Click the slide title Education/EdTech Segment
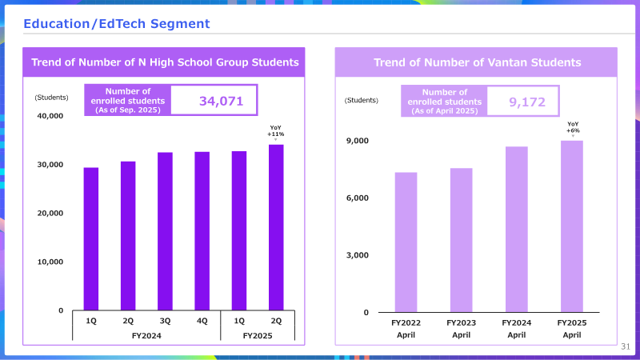117,24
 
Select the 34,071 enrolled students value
222,101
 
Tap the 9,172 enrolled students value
527,102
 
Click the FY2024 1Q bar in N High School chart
91,238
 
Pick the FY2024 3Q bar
165,231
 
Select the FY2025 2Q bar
276,227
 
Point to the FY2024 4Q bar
202,231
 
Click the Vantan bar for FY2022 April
406,242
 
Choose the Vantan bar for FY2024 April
516,230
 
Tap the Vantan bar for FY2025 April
572,226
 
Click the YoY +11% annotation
275,131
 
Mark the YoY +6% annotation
573,127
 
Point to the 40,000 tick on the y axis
50,116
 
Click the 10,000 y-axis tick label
50,262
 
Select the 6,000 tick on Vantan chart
357,198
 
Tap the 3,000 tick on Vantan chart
357,255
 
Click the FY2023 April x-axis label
462,329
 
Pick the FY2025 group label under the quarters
258,336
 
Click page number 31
626,346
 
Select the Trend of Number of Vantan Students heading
477,62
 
